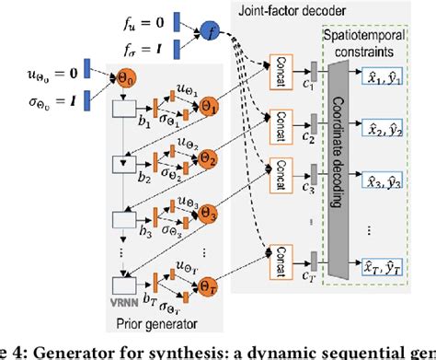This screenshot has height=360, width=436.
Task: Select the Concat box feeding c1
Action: tap(279, 67)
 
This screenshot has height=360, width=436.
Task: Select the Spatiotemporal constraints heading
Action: tap(376, 38)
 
